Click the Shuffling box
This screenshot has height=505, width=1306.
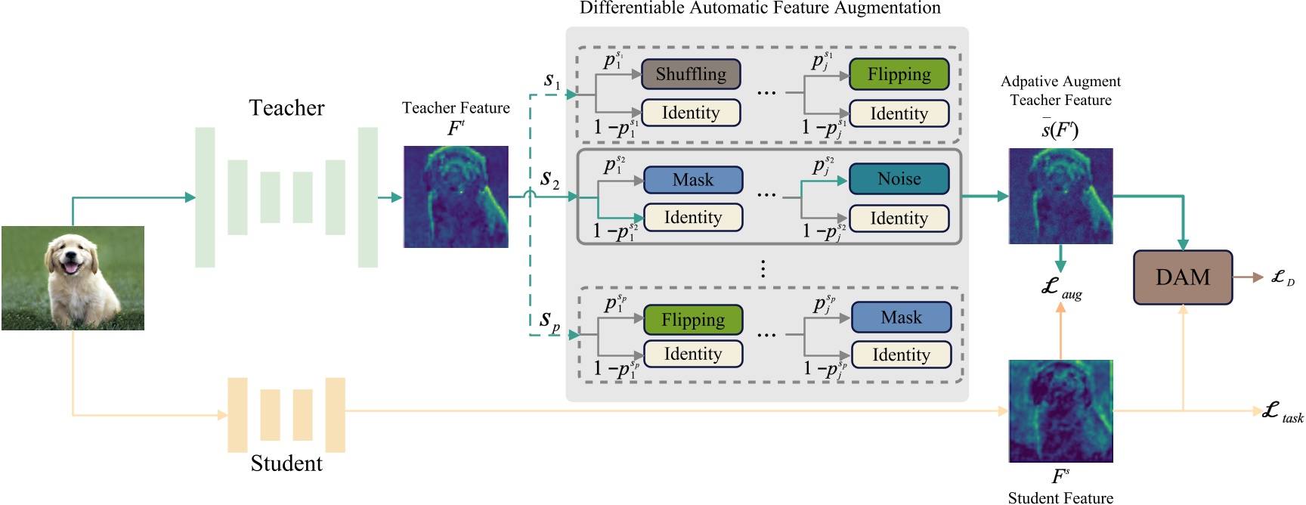(x=691, y=74)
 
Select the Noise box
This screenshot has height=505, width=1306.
(x=899, y=179)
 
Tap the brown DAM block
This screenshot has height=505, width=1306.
(x=1182, y=277)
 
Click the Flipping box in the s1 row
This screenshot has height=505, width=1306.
(x=899, y=74)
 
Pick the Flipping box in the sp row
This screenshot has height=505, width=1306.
(x=692, y=320)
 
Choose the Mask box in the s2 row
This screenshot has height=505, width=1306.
(x=692, y=180)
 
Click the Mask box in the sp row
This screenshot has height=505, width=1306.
(x=901, y=318)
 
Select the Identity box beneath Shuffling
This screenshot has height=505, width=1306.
(x=691, y=113)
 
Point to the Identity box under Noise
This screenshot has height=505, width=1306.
(x=899, y=218)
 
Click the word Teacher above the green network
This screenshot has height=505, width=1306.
(x=286, y=108)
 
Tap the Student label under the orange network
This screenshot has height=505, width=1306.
(x=286, y=463)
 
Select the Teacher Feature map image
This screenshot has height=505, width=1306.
(x=456, y=197)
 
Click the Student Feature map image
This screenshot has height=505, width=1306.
(x=1060, y=411)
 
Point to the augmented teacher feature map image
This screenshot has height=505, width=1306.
(x=1060, y=196)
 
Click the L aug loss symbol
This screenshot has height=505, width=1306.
(x=1060, y=288)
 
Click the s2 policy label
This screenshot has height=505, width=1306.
(x=550, y=180)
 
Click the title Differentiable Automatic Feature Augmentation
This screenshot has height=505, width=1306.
(x=760, y=8)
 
